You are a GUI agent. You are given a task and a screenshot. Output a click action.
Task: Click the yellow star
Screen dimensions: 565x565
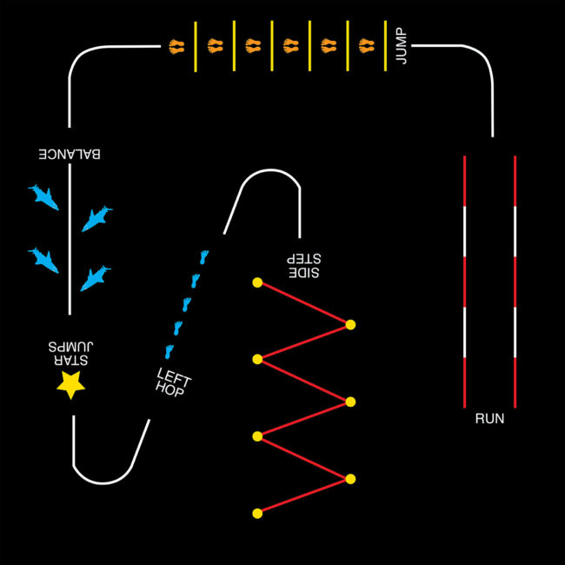pos(70,382)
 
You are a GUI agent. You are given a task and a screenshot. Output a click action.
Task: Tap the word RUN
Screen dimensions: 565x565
pos(489,418)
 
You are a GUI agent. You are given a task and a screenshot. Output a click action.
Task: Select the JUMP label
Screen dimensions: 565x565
pos(401,45)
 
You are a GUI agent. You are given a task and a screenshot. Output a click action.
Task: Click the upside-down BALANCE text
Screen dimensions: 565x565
pos(70,154)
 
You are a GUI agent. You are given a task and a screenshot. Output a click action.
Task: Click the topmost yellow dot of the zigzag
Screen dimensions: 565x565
pos(257,282)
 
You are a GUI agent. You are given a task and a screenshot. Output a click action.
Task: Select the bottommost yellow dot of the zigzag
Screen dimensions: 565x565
pos(257,514)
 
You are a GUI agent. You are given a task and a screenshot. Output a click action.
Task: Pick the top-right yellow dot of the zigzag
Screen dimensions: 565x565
pos(350,324)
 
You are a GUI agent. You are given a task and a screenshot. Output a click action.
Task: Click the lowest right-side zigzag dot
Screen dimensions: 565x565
pos(350,479)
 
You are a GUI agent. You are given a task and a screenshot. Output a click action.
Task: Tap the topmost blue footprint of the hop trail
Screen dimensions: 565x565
pos(204,256)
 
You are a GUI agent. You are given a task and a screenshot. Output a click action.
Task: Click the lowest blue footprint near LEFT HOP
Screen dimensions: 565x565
pos(169,351)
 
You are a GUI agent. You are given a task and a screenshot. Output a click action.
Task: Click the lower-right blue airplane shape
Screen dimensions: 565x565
pos(95,277)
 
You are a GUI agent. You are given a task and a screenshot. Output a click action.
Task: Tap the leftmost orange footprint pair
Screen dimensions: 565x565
pos(177,45)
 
